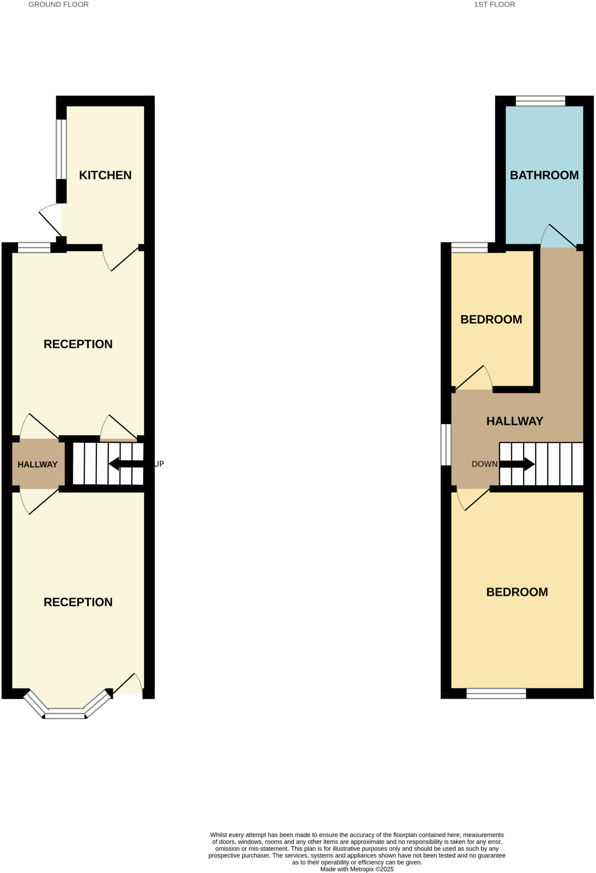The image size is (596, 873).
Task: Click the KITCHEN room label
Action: [105, 175]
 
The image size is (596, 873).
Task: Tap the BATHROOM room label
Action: [544, 175]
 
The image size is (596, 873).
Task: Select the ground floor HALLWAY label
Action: [38, 465]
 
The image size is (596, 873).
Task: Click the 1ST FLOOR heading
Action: [494, 5]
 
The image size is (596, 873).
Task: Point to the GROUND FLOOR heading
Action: [58, 5]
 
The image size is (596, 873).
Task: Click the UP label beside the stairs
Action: [159, 464]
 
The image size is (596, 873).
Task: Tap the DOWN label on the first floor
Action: [484, 464]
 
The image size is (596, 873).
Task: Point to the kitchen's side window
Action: [61, 149]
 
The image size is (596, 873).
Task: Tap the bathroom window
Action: [540, 101]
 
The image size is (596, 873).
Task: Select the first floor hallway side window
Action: [446, 444]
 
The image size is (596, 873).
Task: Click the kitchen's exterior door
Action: [50, 220]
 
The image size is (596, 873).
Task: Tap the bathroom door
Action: [561, 237]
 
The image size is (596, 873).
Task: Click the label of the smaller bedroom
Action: [491, 320]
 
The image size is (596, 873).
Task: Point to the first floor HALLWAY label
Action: [515, 421]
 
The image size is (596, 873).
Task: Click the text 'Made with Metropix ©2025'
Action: [357, 869]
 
